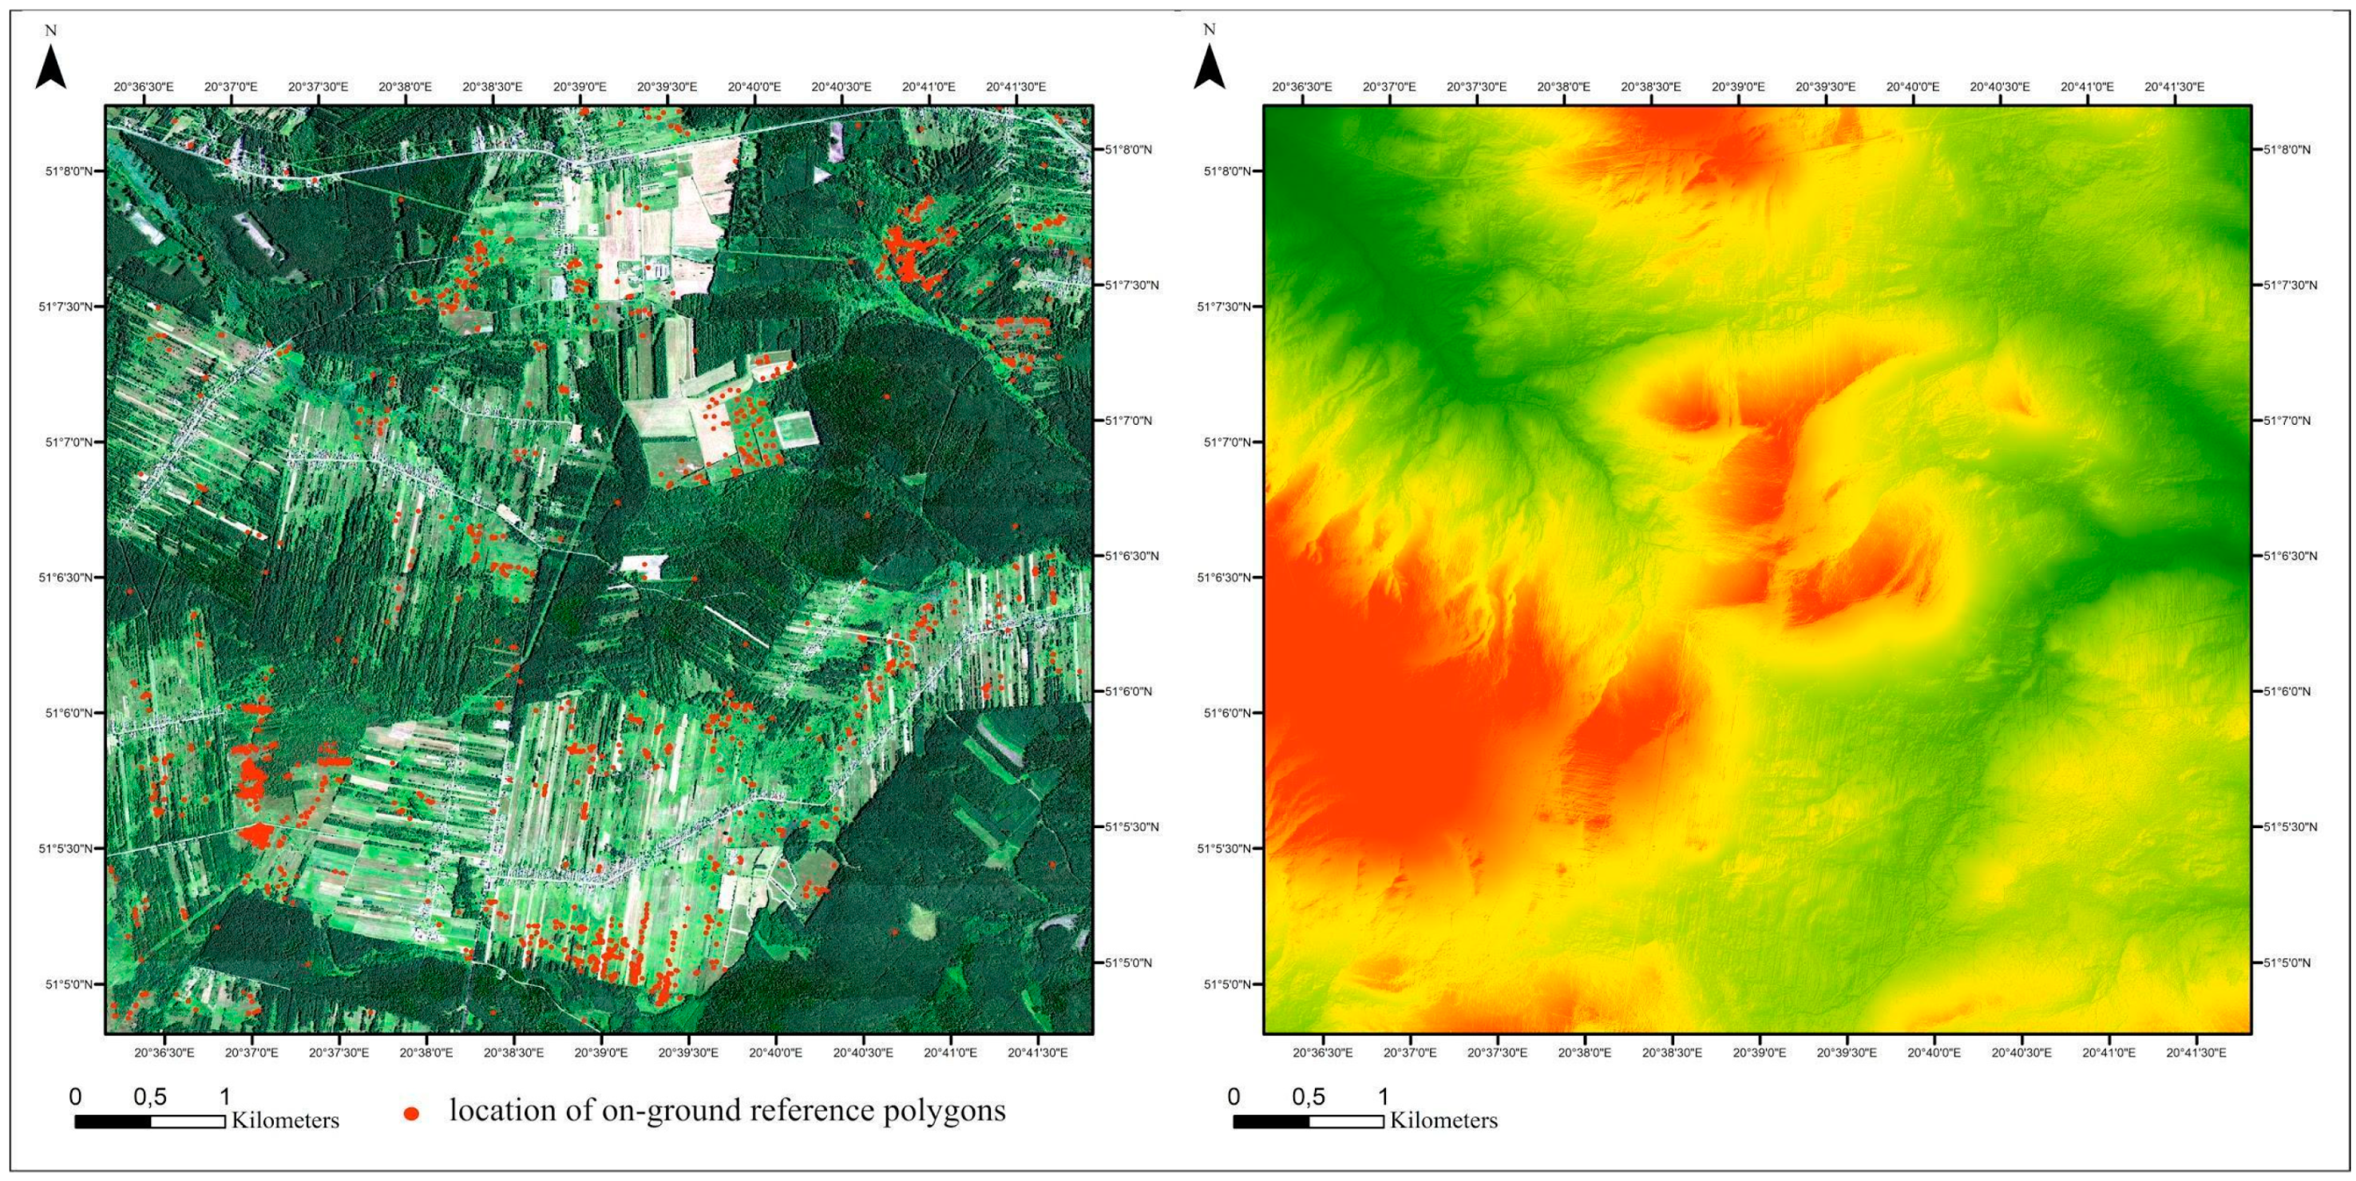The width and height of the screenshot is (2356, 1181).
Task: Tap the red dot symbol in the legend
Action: click(x=412, y=1113)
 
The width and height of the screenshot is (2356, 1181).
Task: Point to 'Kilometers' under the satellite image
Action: click(x=285, y=1120)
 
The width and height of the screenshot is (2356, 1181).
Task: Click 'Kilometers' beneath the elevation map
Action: click(x=1443, y=1120)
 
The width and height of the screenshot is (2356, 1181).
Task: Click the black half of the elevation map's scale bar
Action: click(x=1270, y=1122)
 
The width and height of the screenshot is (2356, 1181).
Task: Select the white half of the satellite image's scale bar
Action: click(x=188, y=1122)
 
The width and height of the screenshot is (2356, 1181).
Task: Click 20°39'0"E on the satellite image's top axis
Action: click(x=579, y=87)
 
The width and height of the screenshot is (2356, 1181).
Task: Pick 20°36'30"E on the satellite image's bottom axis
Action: click(x=164, y=1053)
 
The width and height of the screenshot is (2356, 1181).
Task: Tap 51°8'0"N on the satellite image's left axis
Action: click(x=69, y=171)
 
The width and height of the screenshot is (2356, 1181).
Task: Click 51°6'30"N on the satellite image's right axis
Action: click(x=1131, y=557)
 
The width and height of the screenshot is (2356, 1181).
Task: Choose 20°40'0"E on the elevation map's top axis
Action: click(x=1914, y=87)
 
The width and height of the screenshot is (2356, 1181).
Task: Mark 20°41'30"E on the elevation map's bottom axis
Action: click(x=2196, y=1053)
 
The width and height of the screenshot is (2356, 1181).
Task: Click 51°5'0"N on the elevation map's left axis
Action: click(x=1227, y=985)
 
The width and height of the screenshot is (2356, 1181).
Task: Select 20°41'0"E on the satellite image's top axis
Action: click(x=929, y=87)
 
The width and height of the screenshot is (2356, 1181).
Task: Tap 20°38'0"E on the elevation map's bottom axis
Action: click(x=1585, y=1053)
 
